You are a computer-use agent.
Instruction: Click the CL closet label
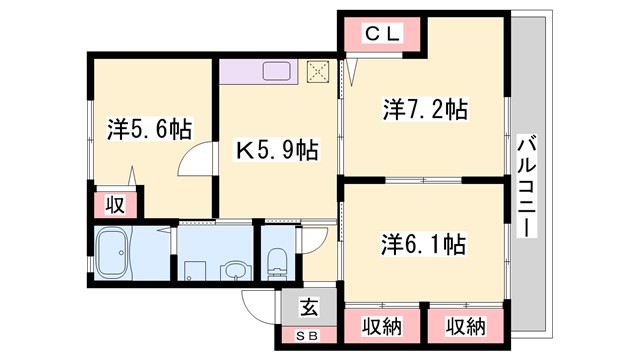(x=380, y=33)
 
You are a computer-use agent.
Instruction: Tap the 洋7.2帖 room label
(x=424, y=108)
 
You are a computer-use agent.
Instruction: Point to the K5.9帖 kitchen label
(x=277, y=150)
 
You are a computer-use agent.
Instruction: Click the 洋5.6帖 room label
(x=150, y=129)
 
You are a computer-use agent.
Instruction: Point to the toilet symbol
(x=277, y=263)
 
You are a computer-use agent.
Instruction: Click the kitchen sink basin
(x=276, y=72)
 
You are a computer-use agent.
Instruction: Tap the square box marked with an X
(x=318, y=71)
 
